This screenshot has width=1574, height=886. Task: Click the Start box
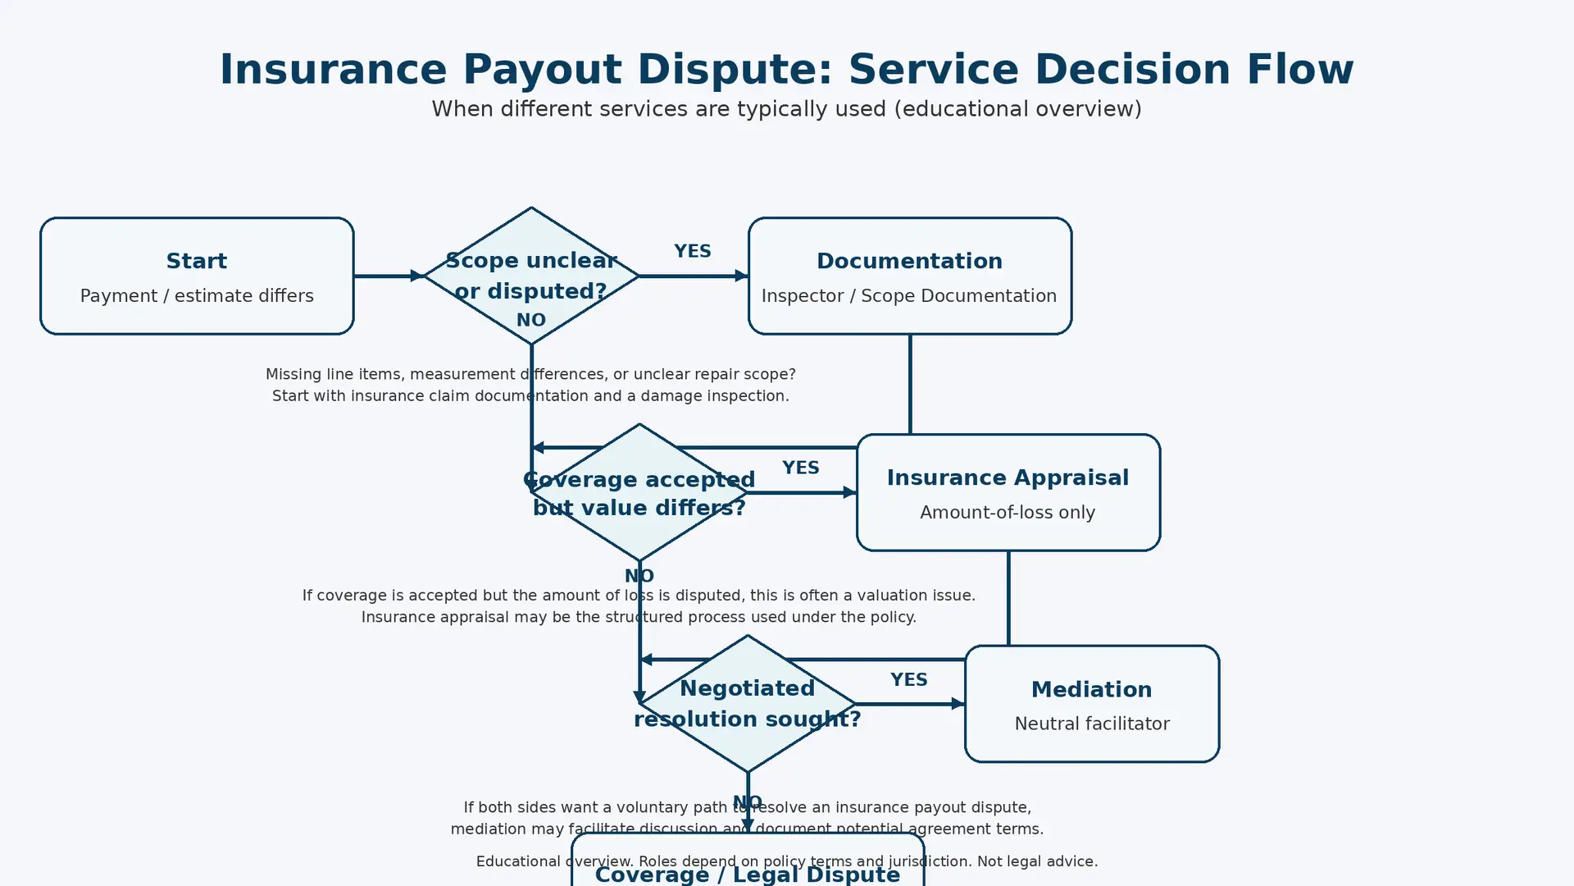click(x=197, y=276)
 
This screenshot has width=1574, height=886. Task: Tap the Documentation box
click(x=909, y=276)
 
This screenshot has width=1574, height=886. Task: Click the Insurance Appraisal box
click(x=1008, y=492)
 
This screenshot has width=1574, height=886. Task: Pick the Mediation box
click(x=1091, y=704)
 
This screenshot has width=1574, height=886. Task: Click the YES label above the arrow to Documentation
click(x=692, y=251)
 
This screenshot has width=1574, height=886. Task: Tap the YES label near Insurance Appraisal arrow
click(x=800, y=468)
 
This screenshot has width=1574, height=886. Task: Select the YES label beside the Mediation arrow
click(x=908, y=680)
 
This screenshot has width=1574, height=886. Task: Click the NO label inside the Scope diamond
click(x=531, y=320)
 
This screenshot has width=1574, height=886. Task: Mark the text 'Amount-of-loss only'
click(x=1008, y=513)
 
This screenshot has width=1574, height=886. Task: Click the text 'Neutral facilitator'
click(x=1091, y=724)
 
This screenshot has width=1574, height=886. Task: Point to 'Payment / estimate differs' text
click(x=197, y=296)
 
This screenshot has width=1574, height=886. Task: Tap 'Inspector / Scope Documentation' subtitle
click(x=908, y=296)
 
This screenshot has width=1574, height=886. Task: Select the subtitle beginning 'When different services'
click(x=786, y=109)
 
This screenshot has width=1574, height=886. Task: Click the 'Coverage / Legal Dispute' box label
click(x=747, y=875)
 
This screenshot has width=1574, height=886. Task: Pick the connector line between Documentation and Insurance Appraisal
click(x=910, y=384)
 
